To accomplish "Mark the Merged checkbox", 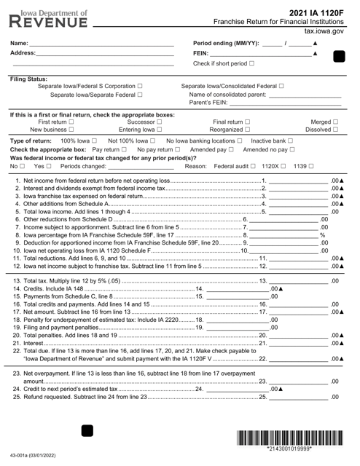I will [x=335, y=122].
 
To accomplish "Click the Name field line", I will [x=102, y=44].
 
